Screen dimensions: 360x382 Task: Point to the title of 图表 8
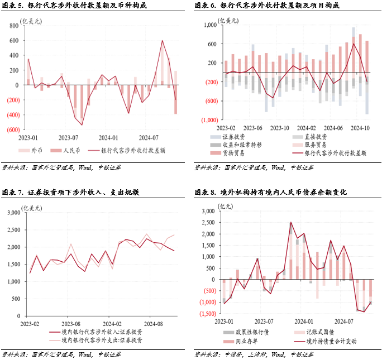(271, 193)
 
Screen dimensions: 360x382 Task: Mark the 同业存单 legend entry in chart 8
(240, 341)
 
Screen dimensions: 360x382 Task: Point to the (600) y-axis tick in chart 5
(12, 129)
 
